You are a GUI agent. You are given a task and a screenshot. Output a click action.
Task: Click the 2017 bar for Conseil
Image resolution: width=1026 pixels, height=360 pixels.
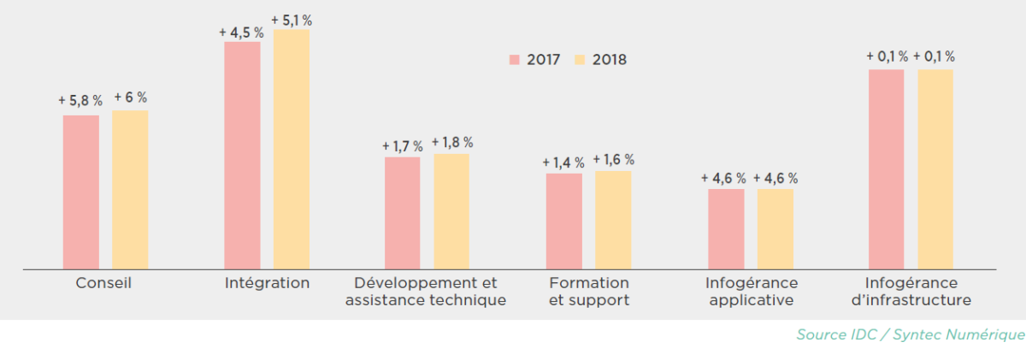tap(81, 192)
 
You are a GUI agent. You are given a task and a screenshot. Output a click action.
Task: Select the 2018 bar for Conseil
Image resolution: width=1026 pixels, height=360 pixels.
tap(130, 190)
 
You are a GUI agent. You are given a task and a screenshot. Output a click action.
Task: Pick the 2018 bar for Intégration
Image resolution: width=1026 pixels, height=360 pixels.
tap(292, 150)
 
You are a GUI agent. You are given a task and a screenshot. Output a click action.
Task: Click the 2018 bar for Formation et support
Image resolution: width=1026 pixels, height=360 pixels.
tap(613, 220)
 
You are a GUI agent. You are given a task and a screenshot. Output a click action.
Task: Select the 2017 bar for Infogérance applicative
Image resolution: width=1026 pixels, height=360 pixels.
tap(726, 229)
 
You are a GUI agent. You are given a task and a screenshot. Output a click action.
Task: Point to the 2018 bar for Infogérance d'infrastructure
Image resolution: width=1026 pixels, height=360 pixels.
tap(935, 169)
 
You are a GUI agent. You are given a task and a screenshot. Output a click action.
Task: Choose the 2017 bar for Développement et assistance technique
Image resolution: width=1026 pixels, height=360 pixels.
tap(403, 213)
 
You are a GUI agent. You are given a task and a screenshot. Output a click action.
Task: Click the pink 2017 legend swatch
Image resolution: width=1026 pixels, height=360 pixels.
tap(515, 60)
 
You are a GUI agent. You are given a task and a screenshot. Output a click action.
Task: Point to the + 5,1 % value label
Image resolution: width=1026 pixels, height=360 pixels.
tap(291, 20)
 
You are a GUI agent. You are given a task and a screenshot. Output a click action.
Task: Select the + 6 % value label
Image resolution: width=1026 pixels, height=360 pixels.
tap(130, 97)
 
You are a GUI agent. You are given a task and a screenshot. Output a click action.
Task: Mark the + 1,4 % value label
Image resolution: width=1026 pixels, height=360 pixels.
tap(563, 162)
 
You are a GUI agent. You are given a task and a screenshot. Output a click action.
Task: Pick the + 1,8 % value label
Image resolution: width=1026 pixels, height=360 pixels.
tap(451, 143)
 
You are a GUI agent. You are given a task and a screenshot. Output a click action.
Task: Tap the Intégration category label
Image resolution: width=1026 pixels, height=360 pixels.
tap(267, 283)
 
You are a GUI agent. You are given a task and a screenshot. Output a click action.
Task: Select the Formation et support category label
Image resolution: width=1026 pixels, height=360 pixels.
tap(588, 292)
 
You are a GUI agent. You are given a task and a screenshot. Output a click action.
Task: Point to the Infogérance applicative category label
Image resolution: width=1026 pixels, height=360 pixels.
tap(751, 292)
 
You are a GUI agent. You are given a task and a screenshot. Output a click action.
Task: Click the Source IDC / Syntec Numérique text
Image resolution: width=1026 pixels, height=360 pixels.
tap(910, 334)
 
